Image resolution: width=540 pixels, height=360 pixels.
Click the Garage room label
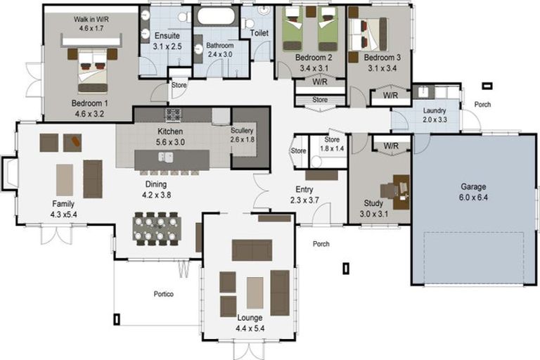click(x=473, y=187)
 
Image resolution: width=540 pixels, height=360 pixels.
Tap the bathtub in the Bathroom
click(x=216, y=15)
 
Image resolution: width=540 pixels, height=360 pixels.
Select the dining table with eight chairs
click(x=157, y=229)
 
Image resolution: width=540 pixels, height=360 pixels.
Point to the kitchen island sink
click(x=166, y=157)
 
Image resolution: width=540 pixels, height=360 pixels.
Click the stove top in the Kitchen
click(x=173, y=115)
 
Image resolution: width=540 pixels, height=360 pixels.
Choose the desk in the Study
click(x=401, y=192)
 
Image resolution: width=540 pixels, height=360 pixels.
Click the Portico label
click(x=164, y=294)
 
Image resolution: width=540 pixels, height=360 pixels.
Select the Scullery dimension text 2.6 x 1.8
click(x=243, y=139)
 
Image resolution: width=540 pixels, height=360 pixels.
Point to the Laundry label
click(x=435, y=110)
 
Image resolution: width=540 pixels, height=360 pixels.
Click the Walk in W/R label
click(x=91, y=19)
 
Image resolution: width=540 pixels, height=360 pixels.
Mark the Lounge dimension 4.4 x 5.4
click(x=250, y=328)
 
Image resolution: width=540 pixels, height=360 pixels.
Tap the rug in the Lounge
click(x=255, y=292)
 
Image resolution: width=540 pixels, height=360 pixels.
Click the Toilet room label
click(x=259, y=33)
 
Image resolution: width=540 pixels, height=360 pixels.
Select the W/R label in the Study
click(x=391, y=146)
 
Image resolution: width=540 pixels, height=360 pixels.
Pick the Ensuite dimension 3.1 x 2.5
click(x=167, y=46)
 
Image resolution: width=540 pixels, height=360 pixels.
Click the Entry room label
click(x=304, y=189)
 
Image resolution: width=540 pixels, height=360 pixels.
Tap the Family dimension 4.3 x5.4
click(x=64, y=214)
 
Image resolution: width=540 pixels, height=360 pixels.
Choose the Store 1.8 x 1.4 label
click(x=332, y=144)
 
